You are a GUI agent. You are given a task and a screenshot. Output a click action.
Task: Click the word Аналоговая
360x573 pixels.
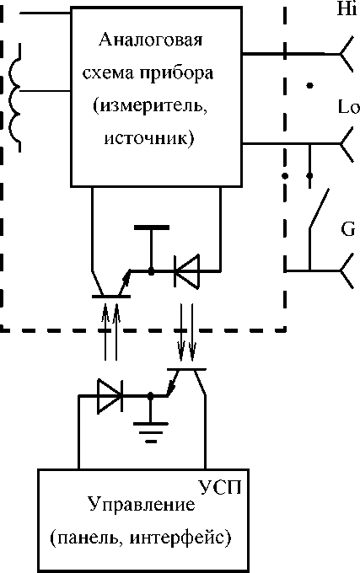click(150, 40)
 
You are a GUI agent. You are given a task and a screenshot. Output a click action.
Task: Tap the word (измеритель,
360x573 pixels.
click(150, 107)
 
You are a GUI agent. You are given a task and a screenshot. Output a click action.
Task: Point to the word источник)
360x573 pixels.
click(149, 139)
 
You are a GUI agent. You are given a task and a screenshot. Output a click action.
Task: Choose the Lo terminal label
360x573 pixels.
click(349, 107)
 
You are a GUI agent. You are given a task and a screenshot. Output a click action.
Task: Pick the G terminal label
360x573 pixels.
click(347, 229)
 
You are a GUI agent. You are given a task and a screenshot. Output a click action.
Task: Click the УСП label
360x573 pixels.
click(220, 487)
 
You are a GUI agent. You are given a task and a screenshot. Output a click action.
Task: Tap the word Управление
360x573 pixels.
click(142, 505)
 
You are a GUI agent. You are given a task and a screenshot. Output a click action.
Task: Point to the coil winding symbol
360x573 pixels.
click(13, 98)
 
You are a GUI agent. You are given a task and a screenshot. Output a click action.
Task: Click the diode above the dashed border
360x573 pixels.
click(187, 271)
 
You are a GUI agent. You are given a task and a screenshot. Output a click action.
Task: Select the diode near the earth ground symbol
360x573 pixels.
click(110, 396)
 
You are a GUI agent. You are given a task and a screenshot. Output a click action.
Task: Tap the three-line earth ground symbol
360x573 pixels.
click(150, 432)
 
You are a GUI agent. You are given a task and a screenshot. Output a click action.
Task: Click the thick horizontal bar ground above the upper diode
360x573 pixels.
click(151, 228)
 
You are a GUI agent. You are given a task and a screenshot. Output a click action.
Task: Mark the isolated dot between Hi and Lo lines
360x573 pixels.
click(310, 85)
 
